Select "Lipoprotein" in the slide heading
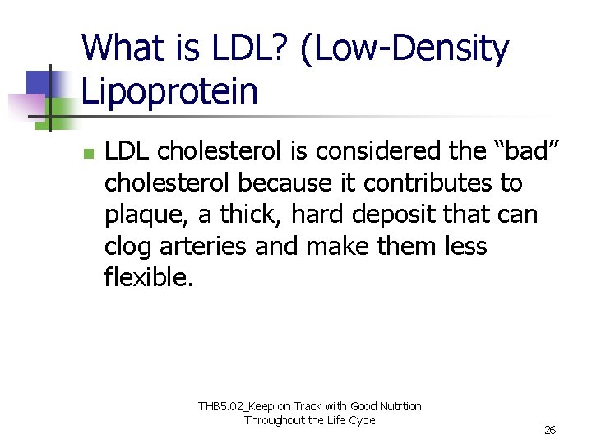[170, 91]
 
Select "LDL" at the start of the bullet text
[127, 151]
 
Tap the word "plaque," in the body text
[147, 215]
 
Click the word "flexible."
[149, 278]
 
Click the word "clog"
[127, 247]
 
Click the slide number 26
[550, 430]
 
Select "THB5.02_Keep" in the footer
[235, 406]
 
